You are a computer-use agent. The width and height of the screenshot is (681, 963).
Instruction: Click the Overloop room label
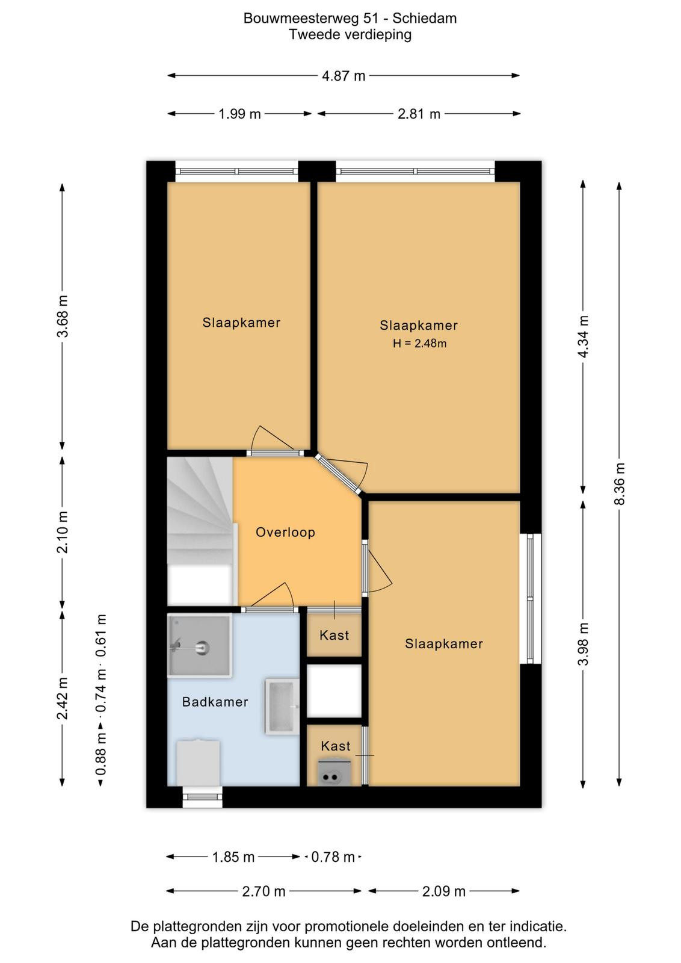point(285,532)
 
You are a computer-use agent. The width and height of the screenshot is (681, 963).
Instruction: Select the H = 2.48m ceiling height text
point(419,344)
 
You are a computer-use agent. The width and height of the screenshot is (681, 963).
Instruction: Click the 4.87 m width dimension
point(344,76)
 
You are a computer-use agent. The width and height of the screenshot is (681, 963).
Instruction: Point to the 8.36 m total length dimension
point(619,484)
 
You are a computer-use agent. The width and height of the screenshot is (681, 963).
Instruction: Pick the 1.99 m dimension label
point(240,114)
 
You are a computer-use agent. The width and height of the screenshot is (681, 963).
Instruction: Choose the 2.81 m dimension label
point(419,114)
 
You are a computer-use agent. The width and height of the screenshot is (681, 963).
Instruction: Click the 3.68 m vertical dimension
point(63,316)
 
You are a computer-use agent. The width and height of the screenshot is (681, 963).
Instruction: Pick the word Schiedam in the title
point(425,19)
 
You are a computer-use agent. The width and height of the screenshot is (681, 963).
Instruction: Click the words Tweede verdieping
point(350,34)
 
